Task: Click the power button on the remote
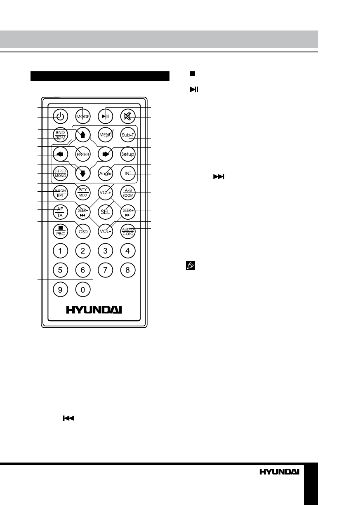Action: [x=61, y=116]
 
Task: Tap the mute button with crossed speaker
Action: [x=128, y=116]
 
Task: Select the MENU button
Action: [x=106, y=135]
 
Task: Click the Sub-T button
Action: [x=128, y=135]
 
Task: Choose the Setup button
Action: [x=128, y=154]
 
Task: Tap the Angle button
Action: [x=106, y=174]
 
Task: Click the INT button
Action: [x=128, y=174]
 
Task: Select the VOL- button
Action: [x=106, y=231]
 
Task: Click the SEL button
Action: [x=106, y=211]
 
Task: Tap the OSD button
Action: [x=83, y=231]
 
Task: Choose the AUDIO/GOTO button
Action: [x=128, y=231]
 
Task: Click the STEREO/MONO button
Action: [x=61, y=174]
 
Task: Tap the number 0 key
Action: [x=83, y=290]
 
